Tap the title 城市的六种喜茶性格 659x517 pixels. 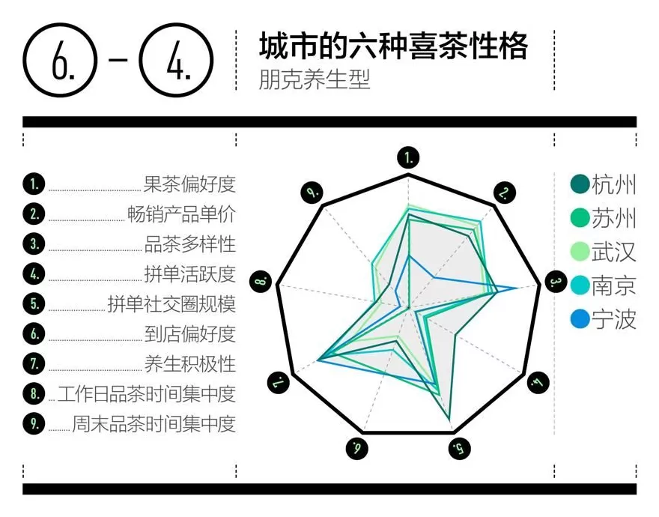click(393, 46)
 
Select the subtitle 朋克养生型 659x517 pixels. click(315, 79)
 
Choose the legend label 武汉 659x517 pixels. click(614, 252)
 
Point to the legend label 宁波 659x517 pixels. click(614, 319)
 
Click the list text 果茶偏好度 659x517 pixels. click(190, 184)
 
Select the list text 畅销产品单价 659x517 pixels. click(182, 214)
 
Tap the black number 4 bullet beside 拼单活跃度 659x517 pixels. click(34, 273)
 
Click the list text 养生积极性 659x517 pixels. click(190, 363)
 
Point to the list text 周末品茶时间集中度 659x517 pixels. click(154, 423)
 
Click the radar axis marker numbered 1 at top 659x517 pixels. click(408, 157)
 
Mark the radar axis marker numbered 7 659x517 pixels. click(279, 383)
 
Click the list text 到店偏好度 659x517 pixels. click(190, 333)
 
